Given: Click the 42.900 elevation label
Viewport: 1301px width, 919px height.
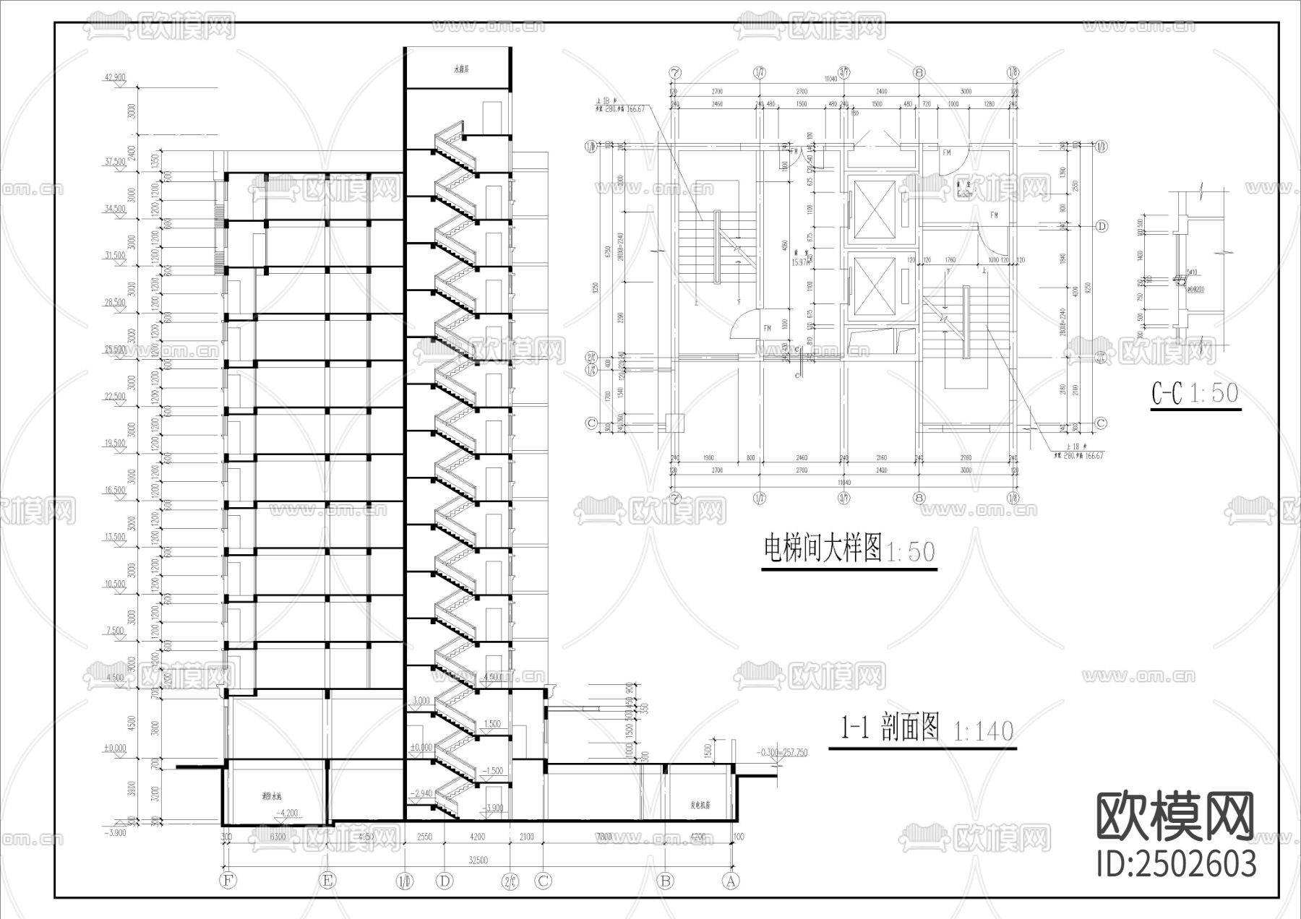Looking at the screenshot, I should [115, 77].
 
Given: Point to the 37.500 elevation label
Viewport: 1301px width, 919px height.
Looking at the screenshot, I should [115, 163].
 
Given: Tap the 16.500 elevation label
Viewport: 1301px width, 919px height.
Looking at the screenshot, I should [115, 490].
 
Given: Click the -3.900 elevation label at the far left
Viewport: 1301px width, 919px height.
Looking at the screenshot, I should [115, 832].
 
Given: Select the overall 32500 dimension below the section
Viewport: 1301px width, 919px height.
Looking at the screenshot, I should [478, 860].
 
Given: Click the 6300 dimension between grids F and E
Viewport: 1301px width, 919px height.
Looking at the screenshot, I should [278, 837].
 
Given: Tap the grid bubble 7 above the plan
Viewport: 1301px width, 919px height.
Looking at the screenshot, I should [676, 72].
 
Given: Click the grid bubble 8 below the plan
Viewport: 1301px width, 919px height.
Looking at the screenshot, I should [919, 498].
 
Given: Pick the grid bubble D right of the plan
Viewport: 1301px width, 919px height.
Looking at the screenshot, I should [1102, 226].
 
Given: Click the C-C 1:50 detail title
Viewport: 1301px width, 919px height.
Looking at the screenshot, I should [1195, 394].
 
